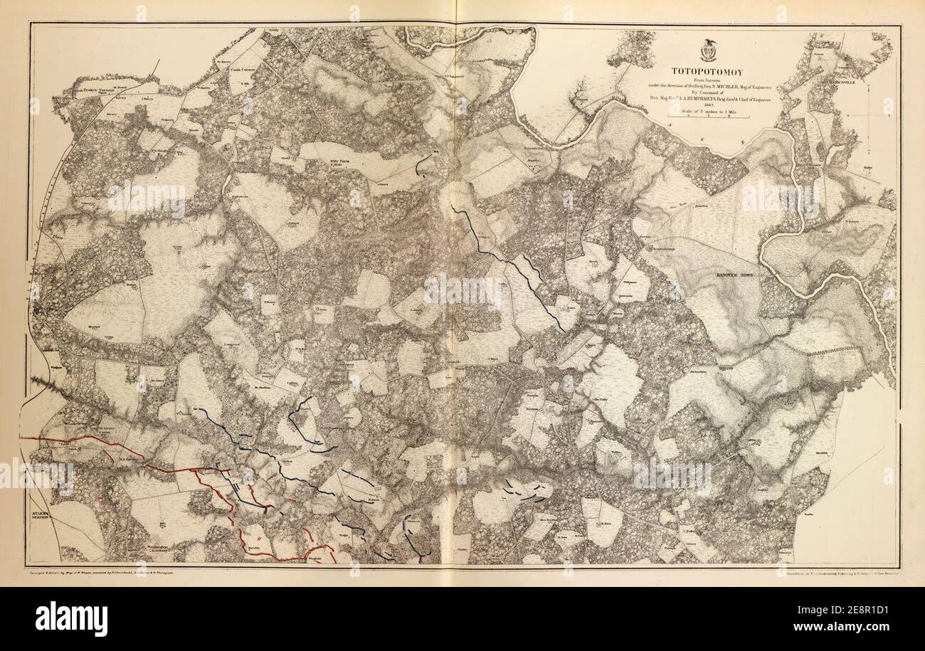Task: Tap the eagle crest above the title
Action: pos(709,52)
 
